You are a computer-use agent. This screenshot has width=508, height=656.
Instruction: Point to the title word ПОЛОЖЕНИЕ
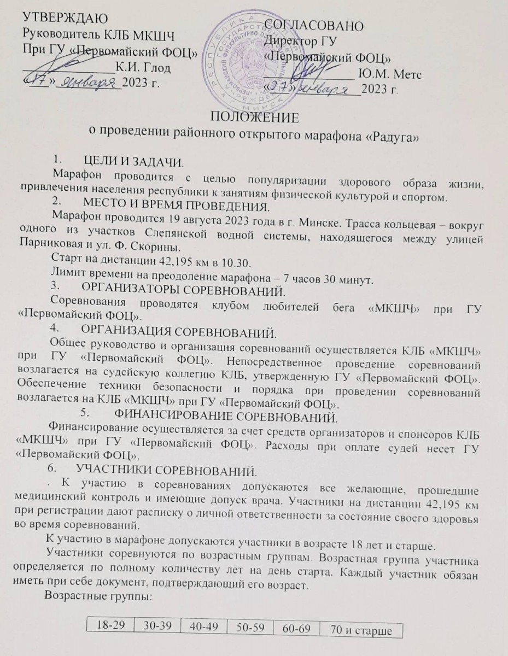pos(254,117)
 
